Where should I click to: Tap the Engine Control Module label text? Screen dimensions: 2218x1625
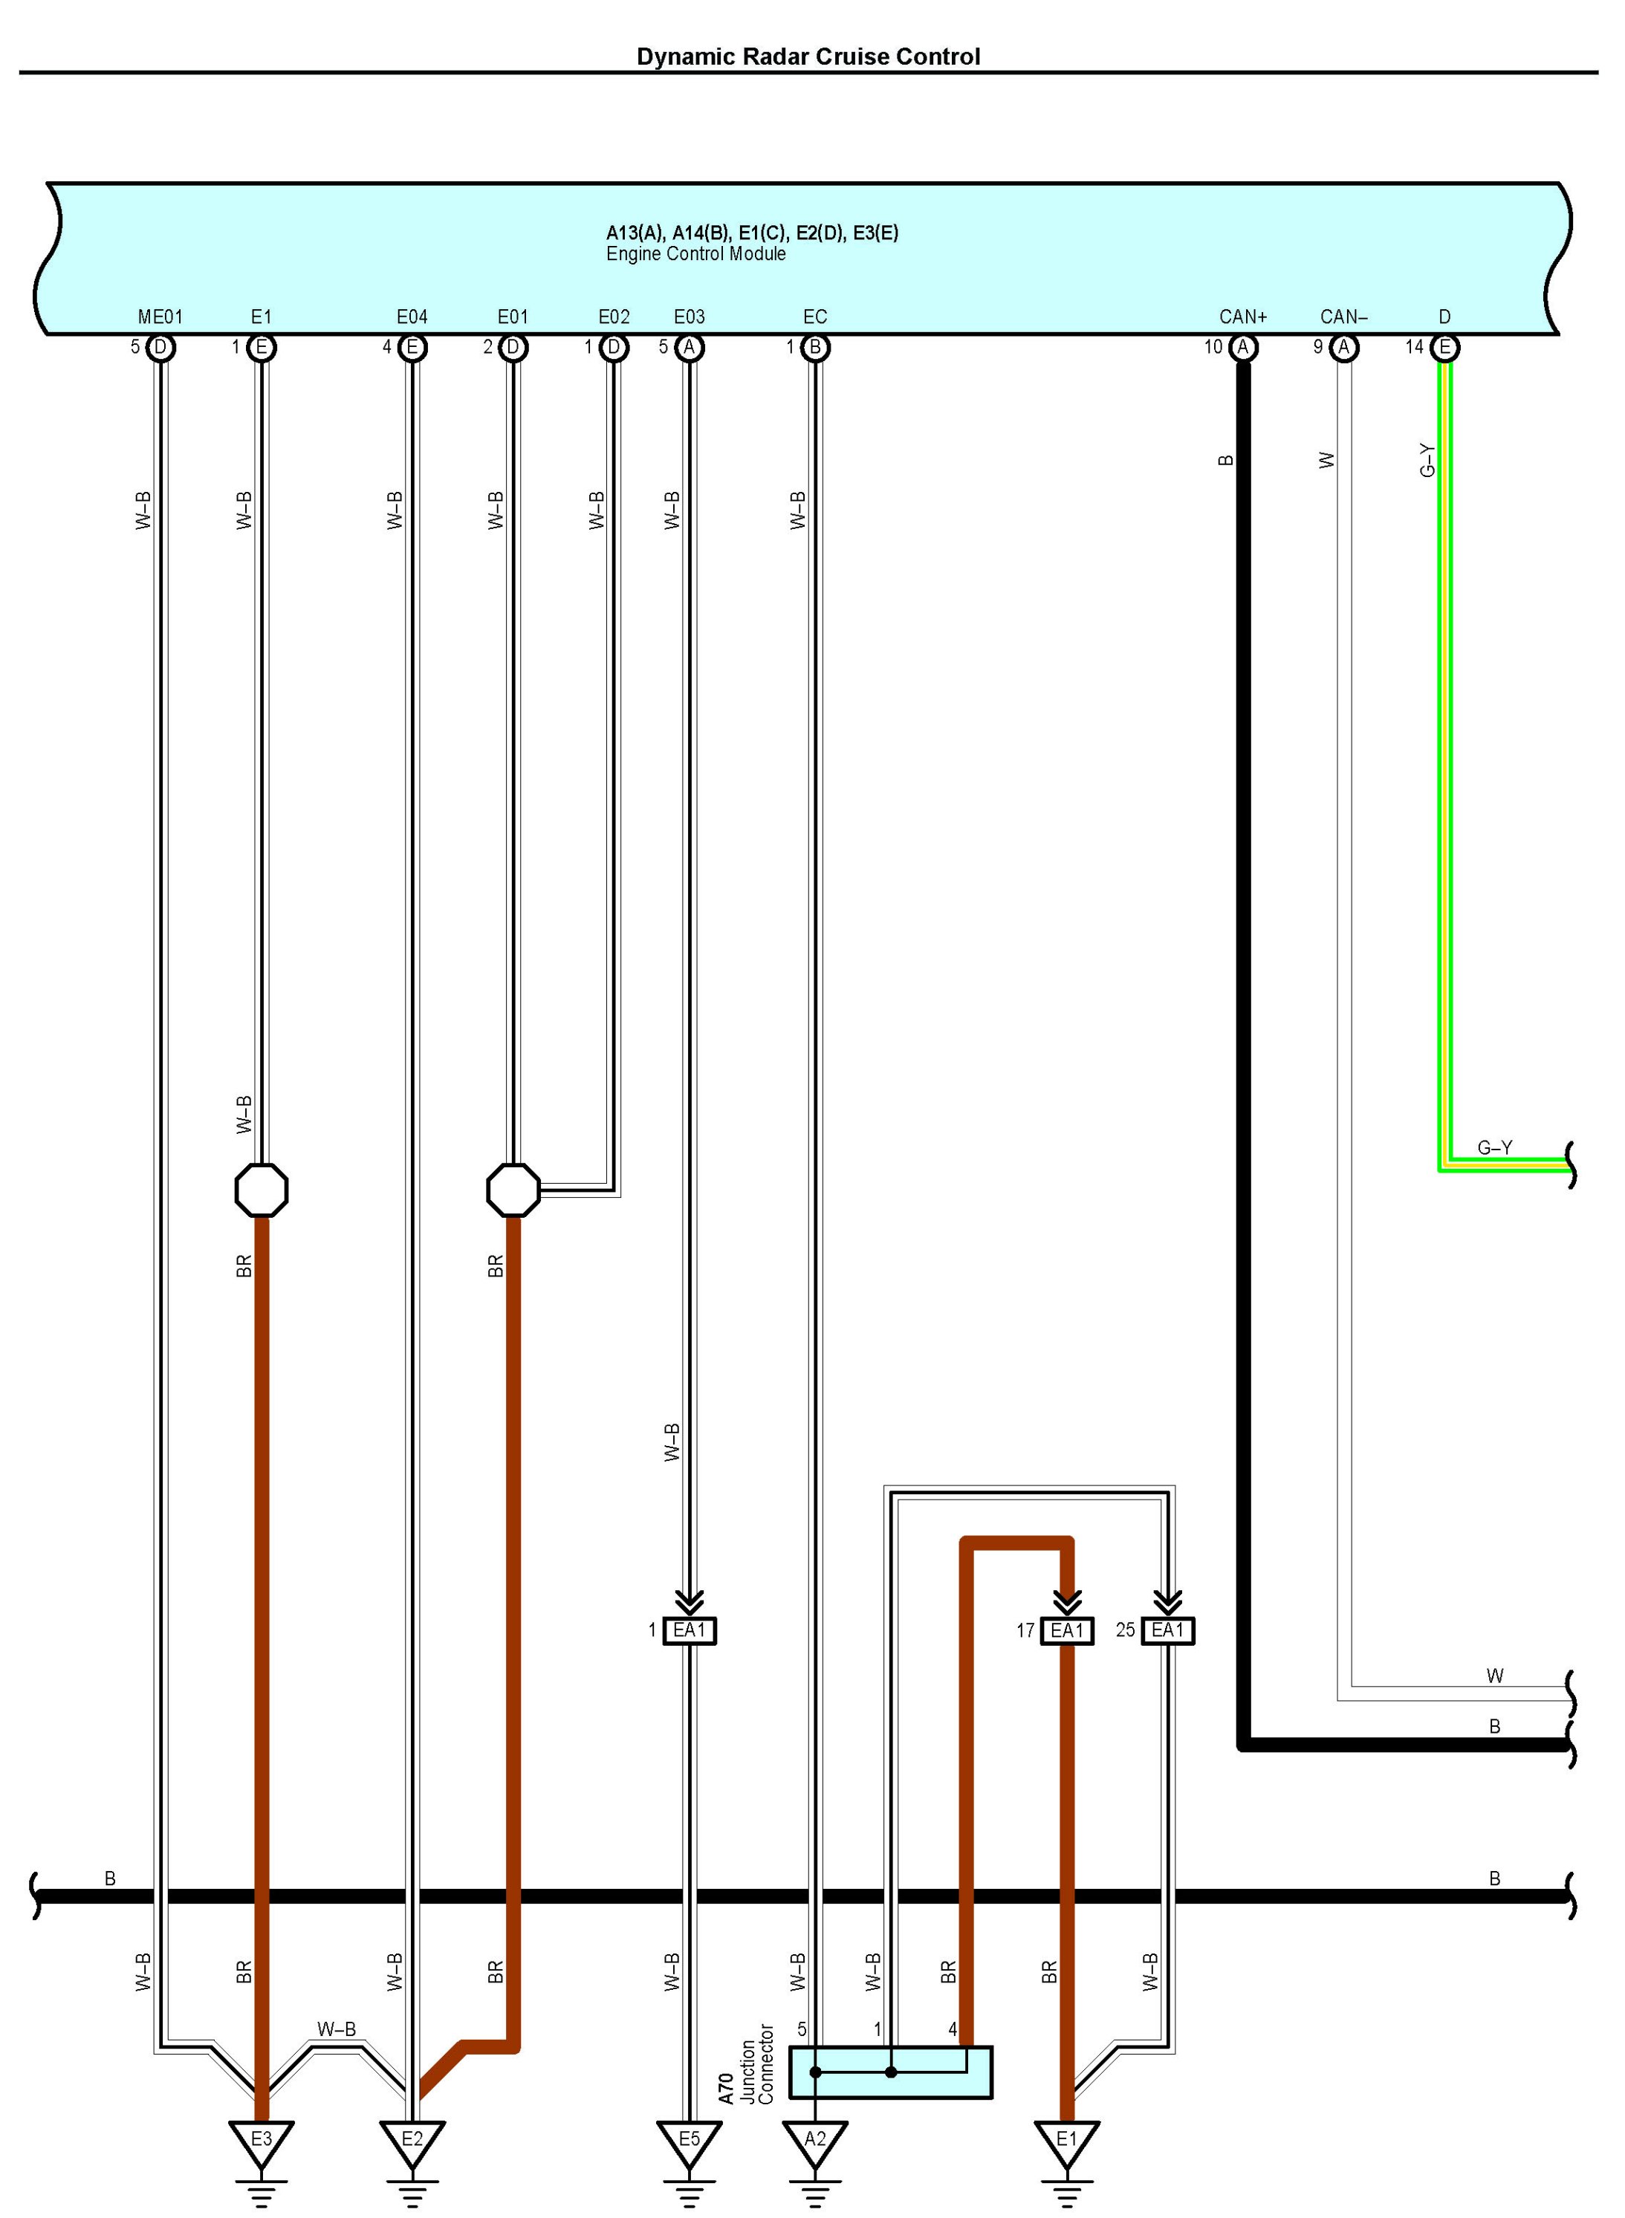[x=695, y=254]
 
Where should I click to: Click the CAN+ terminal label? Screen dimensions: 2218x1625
[x=1242, y=317]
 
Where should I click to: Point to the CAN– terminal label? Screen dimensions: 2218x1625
[x=1343, y=317]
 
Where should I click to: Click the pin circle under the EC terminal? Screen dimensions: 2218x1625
[x=815, y=347]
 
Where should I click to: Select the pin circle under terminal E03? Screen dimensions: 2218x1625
[x=690, y=347]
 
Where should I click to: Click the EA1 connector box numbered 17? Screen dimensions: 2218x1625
[x=1066, y=1631]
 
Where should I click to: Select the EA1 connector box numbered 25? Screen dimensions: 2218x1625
[x=1167, y=1631]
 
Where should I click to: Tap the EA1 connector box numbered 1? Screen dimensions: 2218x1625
[x=690, y=1631]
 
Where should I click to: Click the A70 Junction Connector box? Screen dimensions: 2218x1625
[x=890, y=2072]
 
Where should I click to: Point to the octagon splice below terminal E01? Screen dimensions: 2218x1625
[x=513, y=1190]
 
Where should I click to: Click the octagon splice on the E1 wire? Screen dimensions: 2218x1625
[x=262, y=1190]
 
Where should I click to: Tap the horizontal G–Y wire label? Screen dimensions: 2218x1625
[x=1494, y=1148]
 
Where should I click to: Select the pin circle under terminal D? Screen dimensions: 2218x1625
[x=1445, y=347]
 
